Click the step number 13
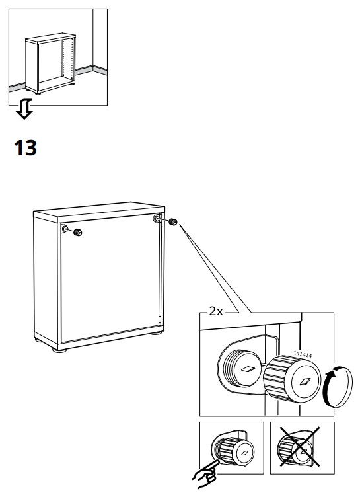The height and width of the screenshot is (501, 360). click(26, 149)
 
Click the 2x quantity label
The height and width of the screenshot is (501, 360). click(215, 312)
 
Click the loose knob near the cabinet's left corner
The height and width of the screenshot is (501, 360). click(78, 231)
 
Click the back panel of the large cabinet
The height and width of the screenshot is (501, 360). click(109, 284)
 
